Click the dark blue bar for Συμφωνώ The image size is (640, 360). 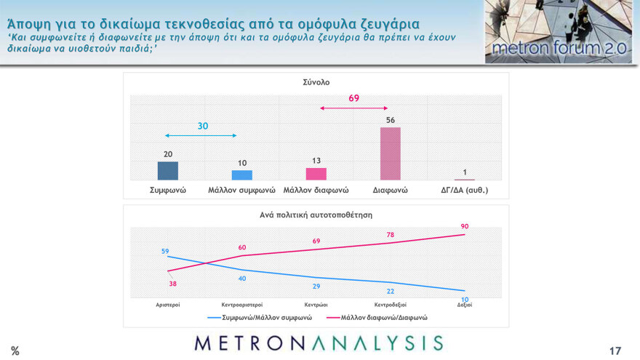click(x=168, y=171)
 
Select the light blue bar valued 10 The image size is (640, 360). click(x=242, y=175)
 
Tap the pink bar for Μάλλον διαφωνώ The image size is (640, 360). click(x=316, y=174)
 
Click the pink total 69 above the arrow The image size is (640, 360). click(x=353, y=97)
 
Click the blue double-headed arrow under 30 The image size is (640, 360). click(x=201, y=136)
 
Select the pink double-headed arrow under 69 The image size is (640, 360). click(x=353, y=108)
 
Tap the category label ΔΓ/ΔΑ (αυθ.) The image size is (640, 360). click(x=465, y=191)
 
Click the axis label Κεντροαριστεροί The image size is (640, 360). click(x=241, y=305)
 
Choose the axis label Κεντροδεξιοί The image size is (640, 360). click(x=390, y=305)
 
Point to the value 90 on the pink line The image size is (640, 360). click(x=465, y=227)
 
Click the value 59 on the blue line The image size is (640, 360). click(x=166, y=251)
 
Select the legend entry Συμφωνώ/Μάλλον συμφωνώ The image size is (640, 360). click(x=260, y=318)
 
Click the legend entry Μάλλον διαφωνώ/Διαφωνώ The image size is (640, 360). click(x=378, y=318)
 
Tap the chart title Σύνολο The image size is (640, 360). click(x=316, y=82)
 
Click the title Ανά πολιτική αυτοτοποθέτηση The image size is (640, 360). click(x=316, y=215)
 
